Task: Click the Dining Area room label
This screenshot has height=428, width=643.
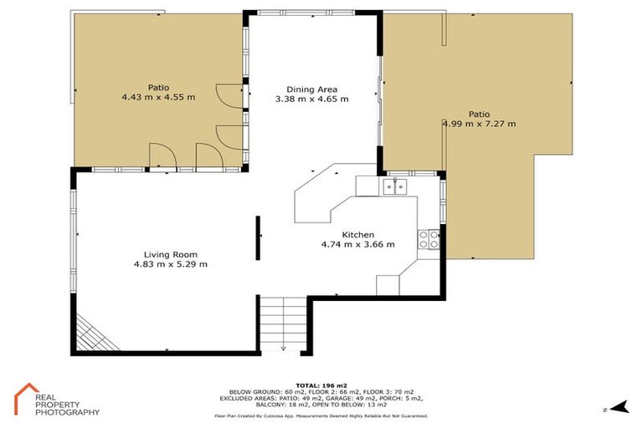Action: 311,88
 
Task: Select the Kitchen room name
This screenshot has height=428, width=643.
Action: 358,235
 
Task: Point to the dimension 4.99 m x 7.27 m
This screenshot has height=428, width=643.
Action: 479,125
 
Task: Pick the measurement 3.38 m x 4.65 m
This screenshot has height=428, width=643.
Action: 311,99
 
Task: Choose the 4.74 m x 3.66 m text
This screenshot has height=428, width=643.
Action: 358,245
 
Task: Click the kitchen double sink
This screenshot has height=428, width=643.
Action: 394,186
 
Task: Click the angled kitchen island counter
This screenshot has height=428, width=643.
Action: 322,201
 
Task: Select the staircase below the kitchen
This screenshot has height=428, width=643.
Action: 283,326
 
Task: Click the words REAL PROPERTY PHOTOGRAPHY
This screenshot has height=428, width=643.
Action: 67,405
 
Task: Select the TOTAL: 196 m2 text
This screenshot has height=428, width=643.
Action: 321,382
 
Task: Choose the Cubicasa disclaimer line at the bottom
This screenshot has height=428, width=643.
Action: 321,415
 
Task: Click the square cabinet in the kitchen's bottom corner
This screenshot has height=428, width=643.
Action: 388,285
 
